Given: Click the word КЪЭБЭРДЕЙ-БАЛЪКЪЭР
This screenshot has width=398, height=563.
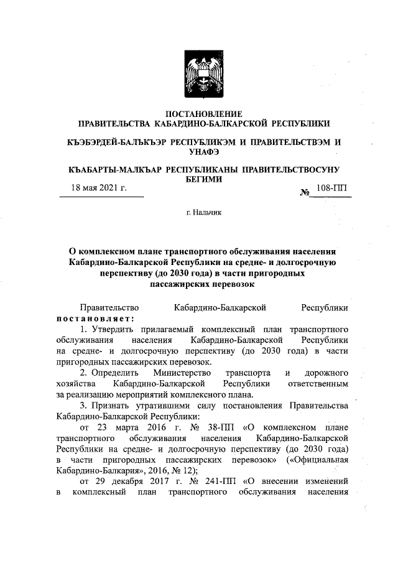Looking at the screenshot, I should [x=118, y=142].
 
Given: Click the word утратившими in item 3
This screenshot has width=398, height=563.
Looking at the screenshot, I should [x=164, y=406].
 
